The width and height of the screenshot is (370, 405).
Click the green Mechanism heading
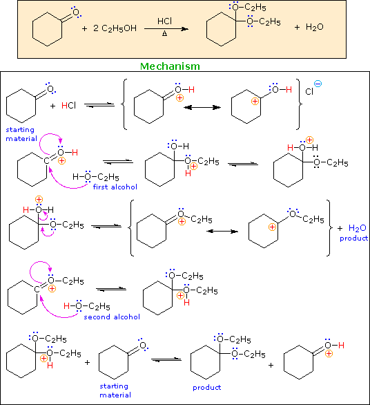171,66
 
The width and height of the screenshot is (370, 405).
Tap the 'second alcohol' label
112,317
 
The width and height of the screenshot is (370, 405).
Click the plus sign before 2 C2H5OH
84,29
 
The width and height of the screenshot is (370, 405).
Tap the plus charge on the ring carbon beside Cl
254,102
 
